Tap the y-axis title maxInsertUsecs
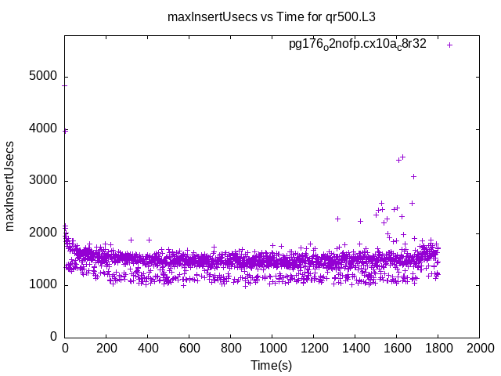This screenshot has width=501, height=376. tap(10, 186)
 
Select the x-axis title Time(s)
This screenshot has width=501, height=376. tap(272, 365)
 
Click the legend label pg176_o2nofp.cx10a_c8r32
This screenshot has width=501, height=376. tap(358, 44)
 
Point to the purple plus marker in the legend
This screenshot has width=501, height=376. tap(449, 45)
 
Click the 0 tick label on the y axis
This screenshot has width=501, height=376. tap(53, 337)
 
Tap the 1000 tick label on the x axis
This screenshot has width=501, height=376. tap(272, 348)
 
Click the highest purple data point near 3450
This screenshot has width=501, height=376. tap(402, 157)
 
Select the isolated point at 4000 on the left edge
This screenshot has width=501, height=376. tap(65, 130)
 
